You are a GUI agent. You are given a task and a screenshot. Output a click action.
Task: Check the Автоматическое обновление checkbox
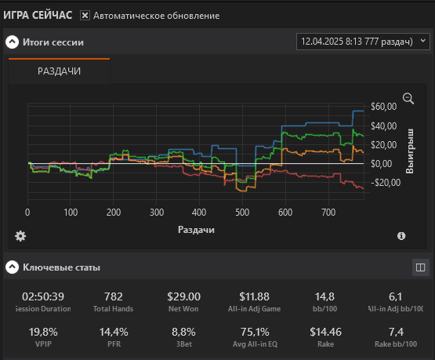[85, 16]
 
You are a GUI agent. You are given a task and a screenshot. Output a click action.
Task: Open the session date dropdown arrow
[422, 41]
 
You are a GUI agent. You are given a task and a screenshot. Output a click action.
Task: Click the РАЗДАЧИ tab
[59, 71]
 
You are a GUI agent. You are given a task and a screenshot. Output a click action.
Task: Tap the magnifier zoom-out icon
[408, 99]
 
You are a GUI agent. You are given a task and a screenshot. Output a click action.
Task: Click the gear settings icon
[20, 236]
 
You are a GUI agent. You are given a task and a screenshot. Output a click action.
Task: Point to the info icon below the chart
[401, 236]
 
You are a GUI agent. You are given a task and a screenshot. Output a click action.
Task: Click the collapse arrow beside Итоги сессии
[13, 42]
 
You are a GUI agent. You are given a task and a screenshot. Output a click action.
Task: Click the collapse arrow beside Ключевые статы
[13, 267]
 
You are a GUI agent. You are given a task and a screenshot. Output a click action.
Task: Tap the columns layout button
[421, 267]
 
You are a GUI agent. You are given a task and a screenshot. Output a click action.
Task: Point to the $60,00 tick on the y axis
[384, 107]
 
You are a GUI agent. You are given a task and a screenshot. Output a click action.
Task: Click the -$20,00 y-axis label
[386, 183]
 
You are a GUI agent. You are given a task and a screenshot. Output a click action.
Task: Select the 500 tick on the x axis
[242, 213]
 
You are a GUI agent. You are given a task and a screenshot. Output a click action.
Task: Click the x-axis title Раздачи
[196, 230]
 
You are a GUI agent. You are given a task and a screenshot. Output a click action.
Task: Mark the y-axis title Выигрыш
[409, 151]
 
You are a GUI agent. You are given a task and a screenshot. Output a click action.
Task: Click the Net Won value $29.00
[183, 296]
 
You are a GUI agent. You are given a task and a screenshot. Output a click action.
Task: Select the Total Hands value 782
[113, 296]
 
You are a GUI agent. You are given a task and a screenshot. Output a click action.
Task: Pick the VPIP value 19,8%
[43, 332]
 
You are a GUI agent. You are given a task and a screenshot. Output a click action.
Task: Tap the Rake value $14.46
[326, 332]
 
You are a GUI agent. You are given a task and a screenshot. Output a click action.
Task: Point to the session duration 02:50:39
[43, 296]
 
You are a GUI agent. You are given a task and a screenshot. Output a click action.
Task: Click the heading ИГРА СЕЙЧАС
[38, 15]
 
